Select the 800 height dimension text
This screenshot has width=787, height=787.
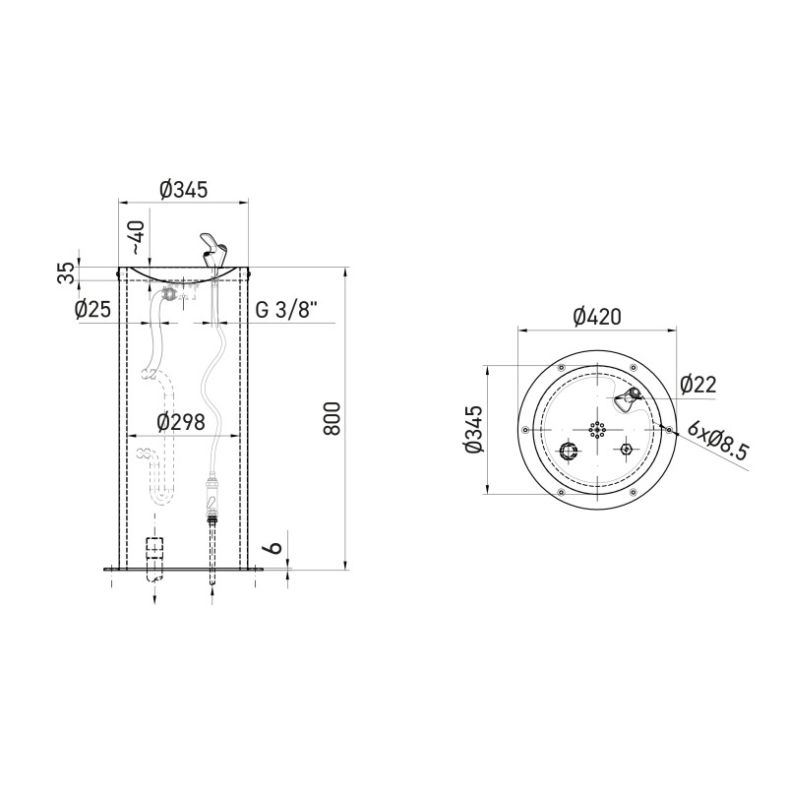click(333, 419)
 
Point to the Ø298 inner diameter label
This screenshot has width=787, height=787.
click(181, 422)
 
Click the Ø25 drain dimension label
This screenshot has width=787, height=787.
click(91, 310)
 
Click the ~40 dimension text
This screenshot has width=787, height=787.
click(137, 236)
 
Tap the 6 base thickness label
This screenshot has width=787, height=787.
click(275, 543)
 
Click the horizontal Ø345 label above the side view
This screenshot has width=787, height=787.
click(183, 191)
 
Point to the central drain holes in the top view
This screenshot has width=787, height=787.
click(596, 430)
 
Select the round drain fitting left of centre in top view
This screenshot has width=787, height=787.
click(569, 451)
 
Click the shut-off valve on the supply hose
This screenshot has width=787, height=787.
click(212, 492)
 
